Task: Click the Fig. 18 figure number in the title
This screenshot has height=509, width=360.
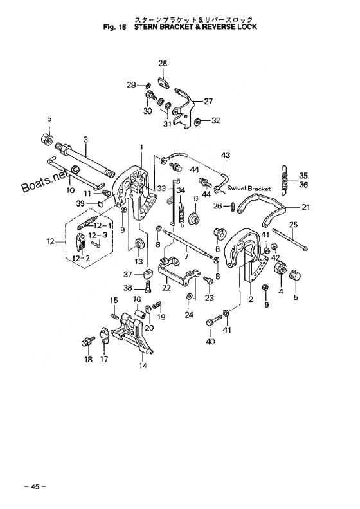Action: [x=114, y=27]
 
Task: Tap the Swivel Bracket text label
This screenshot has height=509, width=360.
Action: [x=249, y=189]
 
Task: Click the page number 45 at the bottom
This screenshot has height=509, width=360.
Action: [x=35, y=486]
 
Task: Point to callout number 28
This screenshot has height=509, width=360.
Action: [x=163, y=63]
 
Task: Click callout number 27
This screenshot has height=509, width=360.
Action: [x=208, y=101]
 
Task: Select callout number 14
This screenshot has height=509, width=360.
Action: [x=143, y=366]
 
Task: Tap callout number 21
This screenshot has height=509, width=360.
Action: [x=305, y=207]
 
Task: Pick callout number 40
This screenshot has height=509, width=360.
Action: [x=210, y=341]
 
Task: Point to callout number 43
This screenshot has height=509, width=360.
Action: [x=226, y=155]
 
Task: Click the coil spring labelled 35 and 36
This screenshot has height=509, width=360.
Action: [x=285, y=180]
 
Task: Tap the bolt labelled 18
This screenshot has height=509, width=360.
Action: [x=87, y=342]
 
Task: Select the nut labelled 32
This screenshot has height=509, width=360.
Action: [x=196, y=122]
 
